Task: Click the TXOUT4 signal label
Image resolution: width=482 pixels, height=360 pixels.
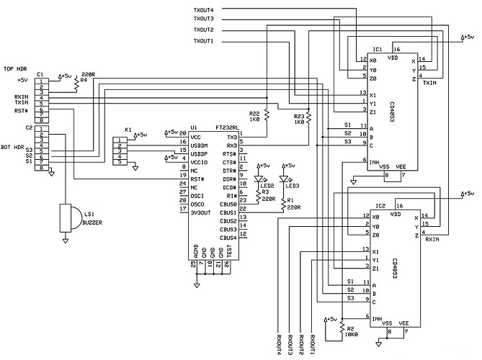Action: coord(204,9)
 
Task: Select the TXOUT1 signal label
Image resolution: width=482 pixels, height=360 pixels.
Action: coord(204,41)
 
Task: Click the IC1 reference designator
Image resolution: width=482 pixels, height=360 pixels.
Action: coord(378,50)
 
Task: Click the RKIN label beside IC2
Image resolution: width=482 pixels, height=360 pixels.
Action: coord(432,240)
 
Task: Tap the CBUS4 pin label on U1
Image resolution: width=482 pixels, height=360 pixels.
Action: coord(229,237)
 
